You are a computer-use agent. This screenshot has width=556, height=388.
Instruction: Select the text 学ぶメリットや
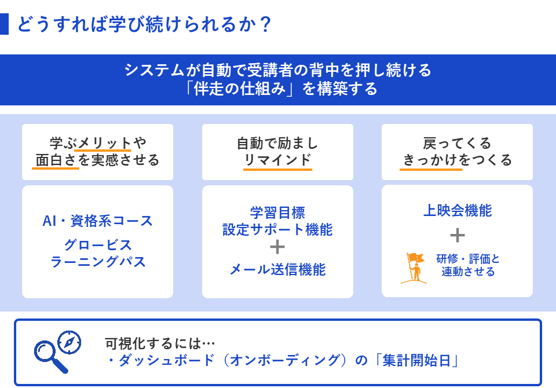click(97, 143)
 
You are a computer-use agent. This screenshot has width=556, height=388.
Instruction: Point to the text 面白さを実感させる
click(97, 160)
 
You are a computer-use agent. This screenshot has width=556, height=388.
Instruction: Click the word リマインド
click(277, 160)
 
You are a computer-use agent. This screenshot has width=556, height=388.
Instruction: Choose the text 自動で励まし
click(277, 143)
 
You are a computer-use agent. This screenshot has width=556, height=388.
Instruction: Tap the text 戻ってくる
click(457, 143)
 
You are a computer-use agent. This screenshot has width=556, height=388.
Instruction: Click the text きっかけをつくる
click(457, 160)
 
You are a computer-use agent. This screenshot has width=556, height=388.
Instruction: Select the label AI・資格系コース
click(97, 221)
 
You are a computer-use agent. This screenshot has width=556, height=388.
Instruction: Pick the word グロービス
click(98, 244)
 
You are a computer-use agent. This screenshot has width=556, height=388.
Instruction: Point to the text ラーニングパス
click(98, 262)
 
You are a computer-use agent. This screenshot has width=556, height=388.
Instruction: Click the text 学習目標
click(277, 213)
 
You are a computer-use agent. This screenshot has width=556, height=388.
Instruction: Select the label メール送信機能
click(277, 269)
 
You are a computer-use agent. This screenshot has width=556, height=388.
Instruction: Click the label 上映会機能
click(457, 211)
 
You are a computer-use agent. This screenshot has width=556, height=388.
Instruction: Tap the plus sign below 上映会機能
click(457, 235)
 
